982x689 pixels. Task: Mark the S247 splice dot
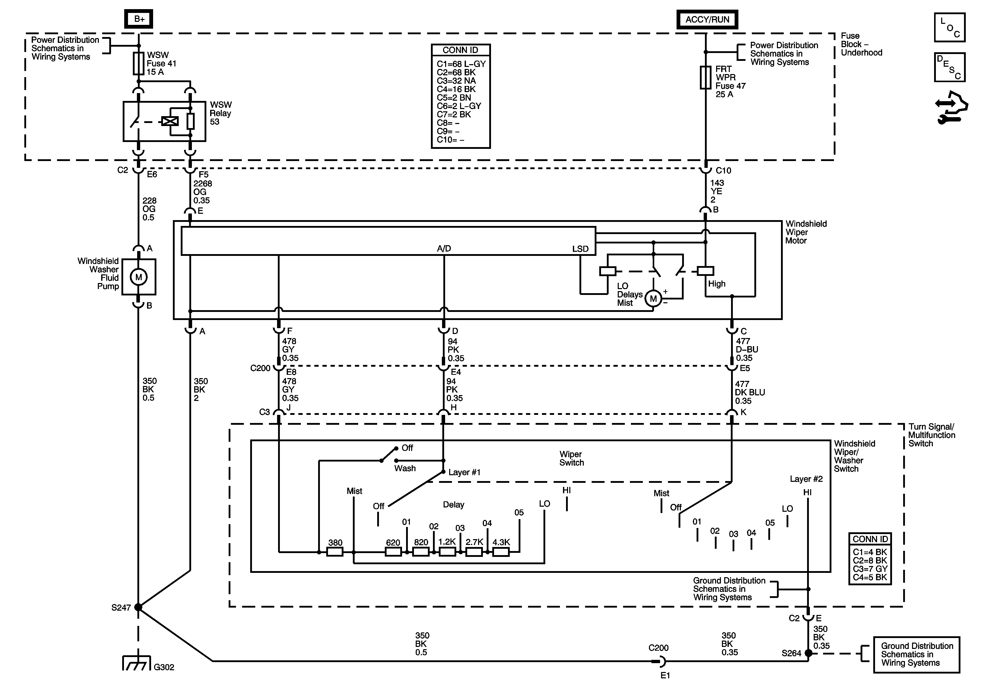138,607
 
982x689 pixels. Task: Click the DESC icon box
950,67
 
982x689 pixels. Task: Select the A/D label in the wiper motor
444,249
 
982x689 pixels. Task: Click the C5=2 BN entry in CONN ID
454,98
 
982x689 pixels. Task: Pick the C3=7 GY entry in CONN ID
870,569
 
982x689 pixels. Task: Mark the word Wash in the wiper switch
405,468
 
